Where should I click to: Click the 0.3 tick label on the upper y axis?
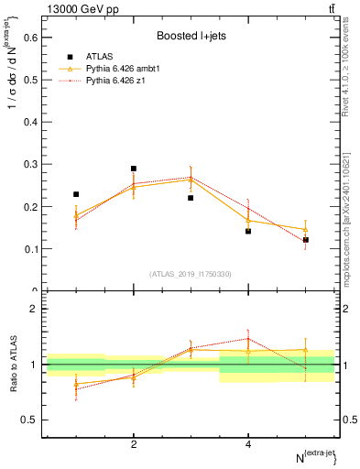tap(29, 164)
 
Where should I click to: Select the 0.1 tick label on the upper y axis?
tap(29, 248)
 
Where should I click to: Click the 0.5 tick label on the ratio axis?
tap(29, 420)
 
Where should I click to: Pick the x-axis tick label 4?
tap(248, 443)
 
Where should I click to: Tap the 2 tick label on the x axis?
tap(134, 443)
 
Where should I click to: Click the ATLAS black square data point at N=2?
tap(134, 169)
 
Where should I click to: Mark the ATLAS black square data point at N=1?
tap(76, 194)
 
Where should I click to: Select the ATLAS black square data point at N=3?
tap(191, 198)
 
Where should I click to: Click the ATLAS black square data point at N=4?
tap(248, 231)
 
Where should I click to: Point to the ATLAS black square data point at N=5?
tap(306, 240)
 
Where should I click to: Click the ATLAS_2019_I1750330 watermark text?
tap(190, 274)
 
